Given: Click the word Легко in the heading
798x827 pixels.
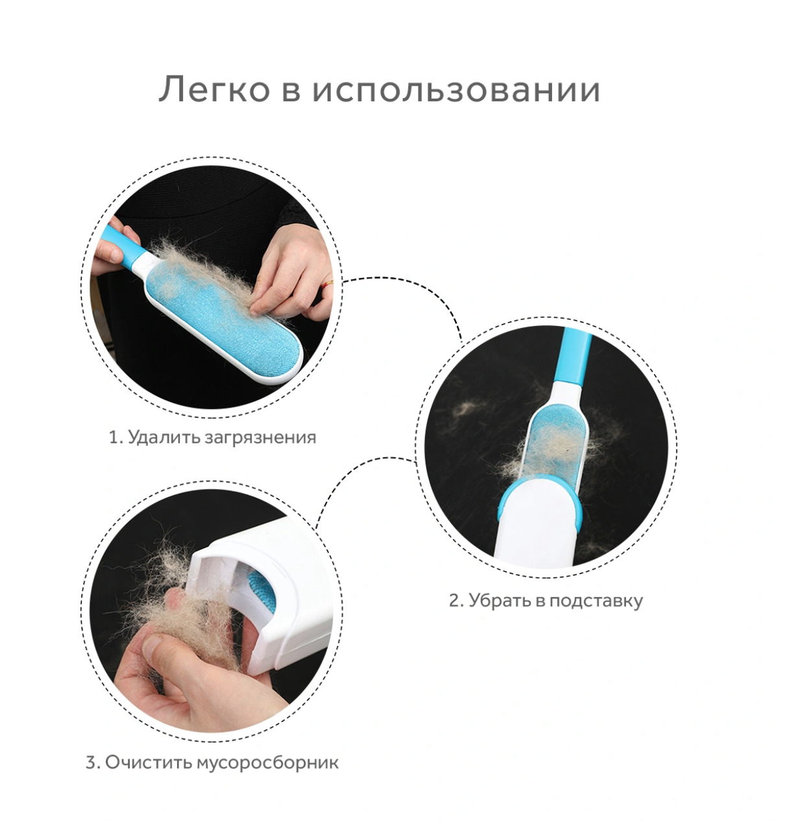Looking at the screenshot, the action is tap(213, 90).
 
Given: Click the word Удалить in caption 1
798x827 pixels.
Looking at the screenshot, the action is tap(163, 437).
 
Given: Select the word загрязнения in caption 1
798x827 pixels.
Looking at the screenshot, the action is tap(260, 438).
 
